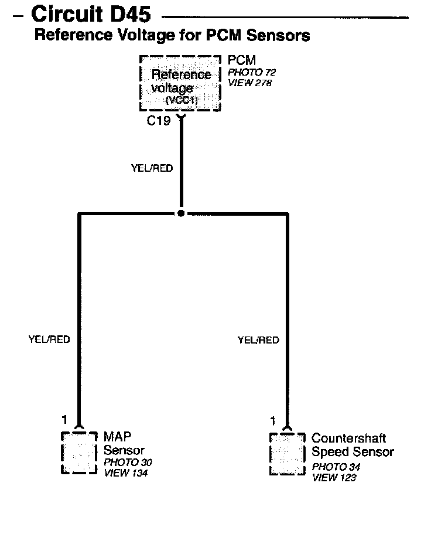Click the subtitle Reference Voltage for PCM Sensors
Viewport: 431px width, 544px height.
pyautogui.click(x=172, y=35)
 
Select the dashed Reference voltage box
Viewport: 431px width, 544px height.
pyautogui.click(x=180, y=83)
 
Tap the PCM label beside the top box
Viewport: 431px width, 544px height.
pyautogui.click(x=241, y=60)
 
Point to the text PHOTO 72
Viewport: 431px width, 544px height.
pyautogui.click(x=251, y=73)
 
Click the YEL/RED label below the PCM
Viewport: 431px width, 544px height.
pyautogui.click(x=152, y=168)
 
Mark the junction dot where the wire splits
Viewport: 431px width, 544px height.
pyautogui.click(x=181, y=213)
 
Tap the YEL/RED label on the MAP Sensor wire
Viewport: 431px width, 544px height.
pyautogui.click(x=49, y=340)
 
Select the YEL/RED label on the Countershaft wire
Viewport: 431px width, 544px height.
pyautogui.click(x=258, y=340)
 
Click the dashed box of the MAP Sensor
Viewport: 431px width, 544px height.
pyautogui.click(x=79, y=453)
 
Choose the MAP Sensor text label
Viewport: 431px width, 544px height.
pyautogui.click(x=124, y=444)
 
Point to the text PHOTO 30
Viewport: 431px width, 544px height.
pyautogui.click(x=128, y=463)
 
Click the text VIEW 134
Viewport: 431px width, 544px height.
pyautogui.click(x=125, y=473)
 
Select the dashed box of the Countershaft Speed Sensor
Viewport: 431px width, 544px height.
pyautogui.click(x=287, y=454)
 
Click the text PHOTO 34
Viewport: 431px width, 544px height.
pyautogui.click(x=336, y=467)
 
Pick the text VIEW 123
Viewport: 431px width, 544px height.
pyautogui.click(x=334, y=478)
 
